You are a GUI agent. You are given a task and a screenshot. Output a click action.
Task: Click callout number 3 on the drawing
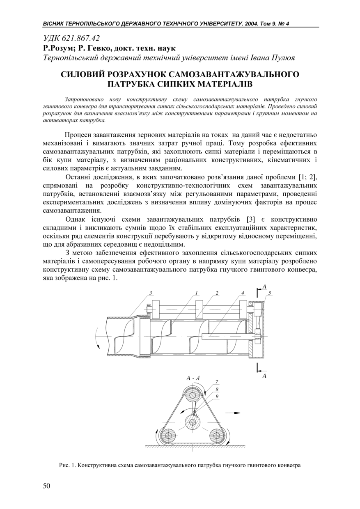[151, 293]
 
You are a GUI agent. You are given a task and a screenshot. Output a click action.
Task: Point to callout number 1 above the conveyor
[197, 293]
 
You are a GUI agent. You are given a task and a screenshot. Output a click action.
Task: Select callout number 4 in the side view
[243, 293]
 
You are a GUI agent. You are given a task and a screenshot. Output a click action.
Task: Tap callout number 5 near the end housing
[269, 293]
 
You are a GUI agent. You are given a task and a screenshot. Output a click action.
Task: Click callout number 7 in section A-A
[217, 382]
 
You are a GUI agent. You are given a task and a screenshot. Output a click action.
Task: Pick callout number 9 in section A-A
[217, 396]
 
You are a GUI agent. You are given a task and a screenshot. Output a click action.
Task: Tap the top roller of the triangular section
[192, 397]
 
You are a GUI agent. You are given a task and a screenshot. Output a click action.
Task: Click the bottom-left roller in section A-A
[168, 435]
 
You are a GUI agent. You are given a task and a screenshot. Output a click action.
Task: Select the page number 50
[46, 486]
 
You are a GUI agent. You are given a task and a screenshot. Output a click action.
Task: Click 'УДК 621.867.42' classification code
[71, 38]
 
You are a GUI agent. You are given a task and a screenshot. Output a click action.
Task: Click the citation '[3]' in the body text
[250, 219]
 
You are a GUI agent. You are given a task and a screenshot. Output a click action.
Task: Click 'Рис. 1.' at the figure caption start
[68, 465]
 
